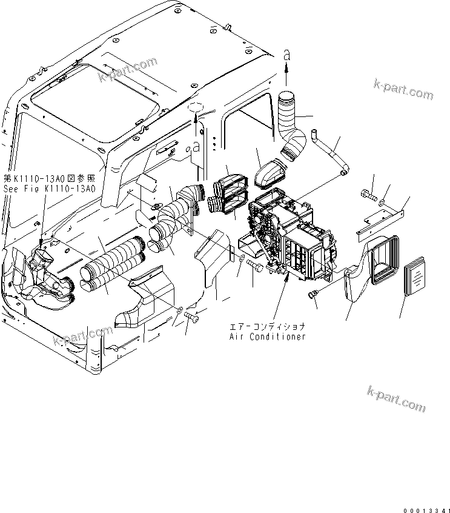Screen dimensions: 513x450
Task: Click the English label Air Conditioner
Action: coord(267,337)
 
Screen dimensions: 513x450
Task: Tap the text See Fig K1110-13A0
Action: coord(49,188)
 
